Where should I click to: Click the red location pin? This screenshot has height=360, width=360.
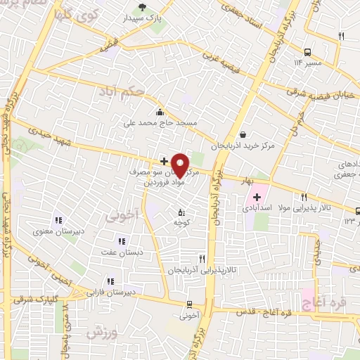(180, 164)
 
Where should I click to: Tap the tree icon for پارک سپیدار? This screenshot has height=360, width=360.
(143, 8)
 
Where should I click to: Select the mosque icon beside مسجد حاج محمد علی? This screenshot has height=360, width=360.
(160, 111)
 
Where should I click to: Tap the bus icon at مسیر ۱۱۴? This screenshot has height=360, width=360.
(307, 52)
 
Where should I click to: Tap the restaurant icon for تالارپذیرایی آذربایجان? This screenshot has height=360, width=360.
(202, 259)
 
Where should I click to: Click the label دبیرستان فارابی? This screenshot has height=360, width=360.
(114, 291)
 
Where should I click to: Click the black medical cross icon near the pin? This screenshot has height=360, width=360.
(164, 161)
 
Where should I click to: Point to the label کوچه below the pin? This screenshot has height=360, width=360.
(183, 222)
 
